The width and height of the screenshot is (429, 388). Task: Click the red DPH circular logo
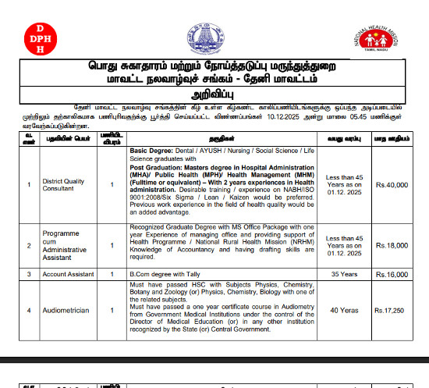pos(36,37)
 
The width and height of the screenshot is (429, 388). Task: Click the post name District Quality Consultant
pos(65,184)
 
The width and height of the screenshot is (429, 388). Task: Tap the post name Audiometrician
pos(65,310)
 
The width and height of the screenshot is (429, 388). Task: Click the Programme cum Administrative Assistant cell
pos(67,245)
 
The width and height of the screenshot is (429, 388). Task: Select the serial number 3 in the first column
pos(28,275)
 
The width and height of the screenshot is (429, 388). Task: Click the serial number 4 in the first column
pos(28,310)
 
